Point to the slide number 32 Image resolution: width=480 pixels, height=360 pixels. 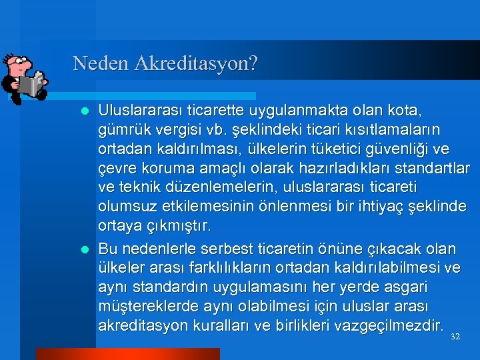click(455, 337)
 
